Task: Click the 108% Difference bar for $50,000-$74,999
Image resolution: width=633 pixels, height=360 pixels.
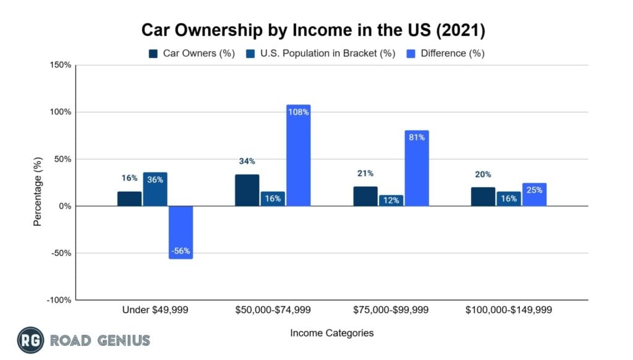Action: [298, 155]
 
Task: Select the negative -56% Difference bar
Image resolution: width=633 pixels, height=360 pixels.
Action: [181, 232]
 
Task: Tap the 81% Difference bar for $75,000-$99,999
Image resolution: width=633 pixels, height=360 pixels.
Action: [417, 168]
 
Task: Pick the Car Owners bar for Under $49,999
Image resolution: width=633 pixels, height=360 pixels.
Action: [129, 199]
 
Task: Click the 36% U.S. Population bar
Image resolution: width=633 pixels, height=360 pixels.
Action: [155, 189]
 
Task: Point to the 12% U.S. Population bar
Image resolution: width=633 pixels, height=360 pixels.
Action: [391, 200]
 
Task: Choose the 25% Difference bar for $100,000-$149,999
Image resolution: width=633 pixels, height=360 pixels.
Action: [534, 194]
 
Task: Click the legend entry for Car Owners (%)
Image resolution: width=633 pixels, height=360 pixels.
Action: [192, 53]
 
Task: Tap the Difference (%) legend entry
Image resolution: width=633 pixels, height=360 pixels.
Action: [445, 53]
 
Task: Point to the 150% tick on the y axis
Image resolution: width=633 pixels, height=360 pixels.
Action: [60, 65]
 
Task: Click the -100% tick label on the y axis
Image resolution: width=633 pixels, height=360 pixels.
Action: [58, 300]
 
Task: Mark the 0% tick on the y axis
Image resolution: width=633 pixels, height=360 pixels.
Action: [64, 206]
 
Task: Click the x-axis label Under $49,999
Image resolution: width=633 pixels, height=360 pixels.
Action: [155, 310]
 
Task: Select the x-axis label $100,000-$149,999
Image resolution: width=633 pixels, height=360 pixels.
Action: [508, 310]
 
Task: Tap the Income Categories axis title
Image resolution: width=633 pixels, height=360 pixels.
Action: [331, 333]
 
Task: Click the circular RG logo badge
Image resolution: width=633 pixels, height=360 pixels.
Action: [29, 340]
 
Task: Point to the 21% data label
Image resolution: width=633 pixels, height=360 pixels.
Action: [364, 173]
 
